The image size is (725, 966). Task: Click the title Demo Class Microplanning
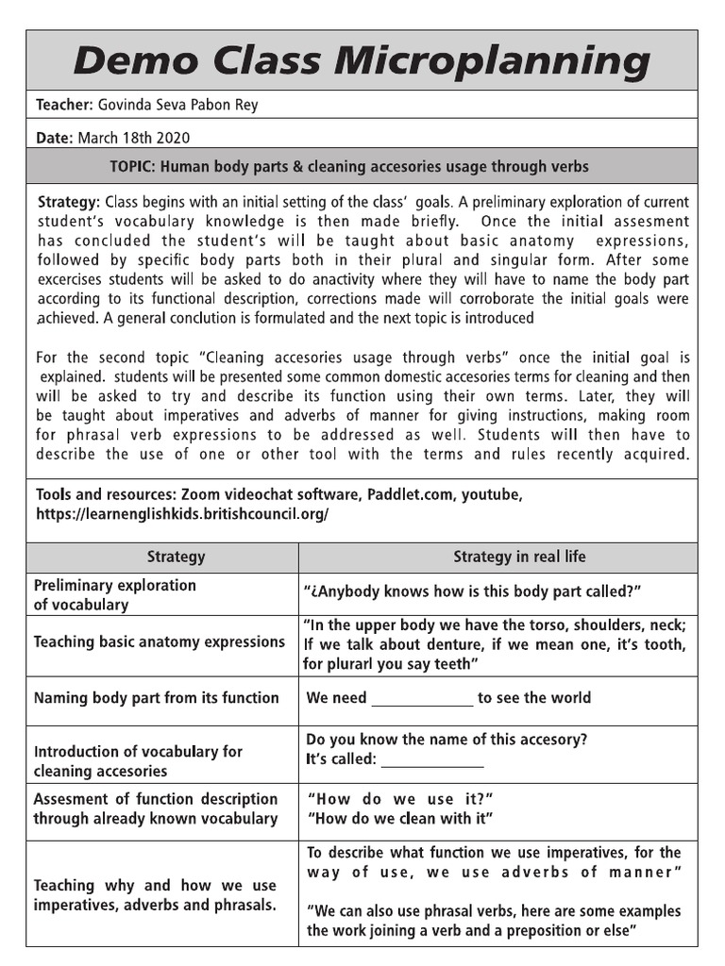coord(362,61)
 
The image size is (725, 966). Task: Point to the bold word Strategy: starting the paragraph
coord(68,202)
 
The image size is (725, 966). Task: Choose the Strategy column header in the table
coord(176,557)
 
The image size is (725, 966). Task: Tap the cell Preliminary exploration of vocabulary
coord(115,594)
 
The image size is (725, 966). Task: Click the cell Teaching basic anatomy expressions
coord(159,641)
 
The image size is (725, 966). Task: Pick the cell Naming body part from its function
coord(156,698)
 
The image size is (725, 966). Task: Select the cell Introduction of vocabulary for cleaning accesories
coord(138,761)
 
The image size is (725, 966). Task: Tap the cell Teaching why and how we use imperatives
coord(155,895)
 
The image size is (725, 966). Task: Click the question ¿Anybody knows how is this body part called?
coord(473,591)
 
